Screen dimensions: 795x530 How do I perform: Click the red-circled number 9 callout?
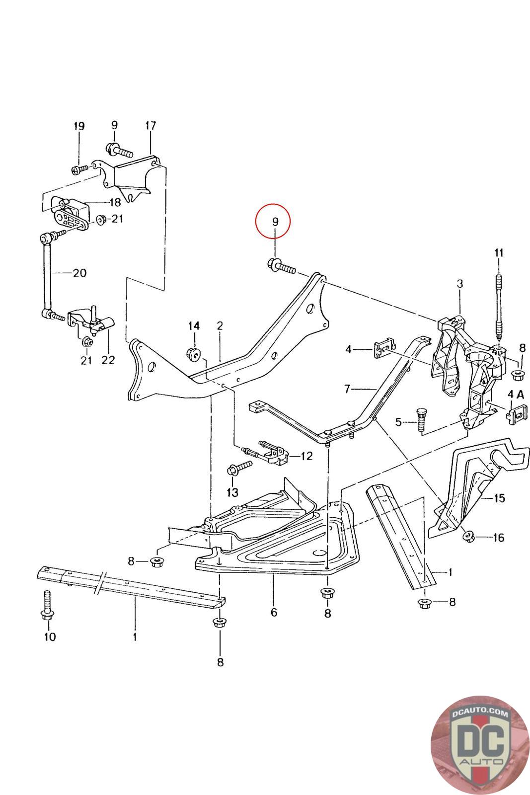click(x=275, y=222)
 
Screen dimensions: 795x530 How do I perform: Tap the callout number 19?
click(x=79, y=126)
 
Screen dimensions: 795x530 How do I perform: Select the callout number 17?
click(x=151, y=126)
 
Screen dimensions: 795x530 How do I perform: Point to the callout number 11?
click(x=499, y=253)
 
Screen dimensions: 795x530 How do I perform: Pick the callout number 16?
click(x=498, y=538)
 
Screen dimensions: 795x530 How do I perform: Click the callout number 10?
click(x=50, y=636)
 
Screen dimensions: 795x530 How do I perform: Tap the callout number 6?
click(x=274, y=612)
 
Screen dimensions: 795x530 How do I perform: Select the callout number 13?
click(x=232, y=492)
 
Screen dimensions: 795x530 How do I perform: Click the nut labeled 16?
click(x=467, y=536)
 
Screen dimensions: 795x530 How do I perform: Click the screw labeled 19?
click(x=78, y=170)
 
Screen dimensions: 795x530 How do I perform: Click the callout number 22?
click(x=108, y=359)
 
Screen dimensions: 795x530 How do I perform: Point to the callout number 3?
click(x=460, y=284)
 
